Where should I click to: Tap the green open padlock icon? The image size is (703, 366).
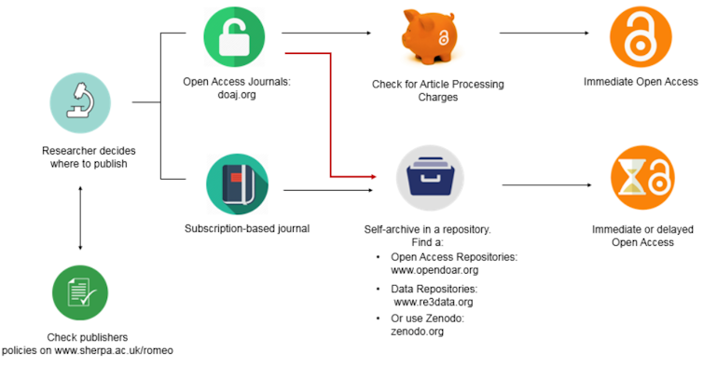point(236,39)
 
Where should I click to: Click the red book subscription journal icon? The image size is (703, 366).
point(236,183)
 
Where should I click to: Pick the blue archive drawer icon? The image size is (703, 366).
point(429,177)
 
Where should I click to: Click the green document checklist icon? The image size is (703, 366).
point(80,293)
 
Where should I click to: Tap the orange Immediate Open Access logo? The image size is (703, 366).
point(641,36)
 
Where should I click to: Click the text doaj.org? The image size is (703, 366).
point(236,95)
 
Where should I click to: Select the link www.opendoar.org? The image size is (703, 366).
point(434,270)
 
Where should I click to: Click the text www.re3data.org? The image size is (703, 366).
point(433,302)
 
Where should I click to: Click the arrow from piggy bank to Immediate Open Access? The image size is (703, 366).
point(544,34)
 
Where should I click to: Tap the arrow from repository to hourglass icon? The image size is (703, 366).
point(546,185)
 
